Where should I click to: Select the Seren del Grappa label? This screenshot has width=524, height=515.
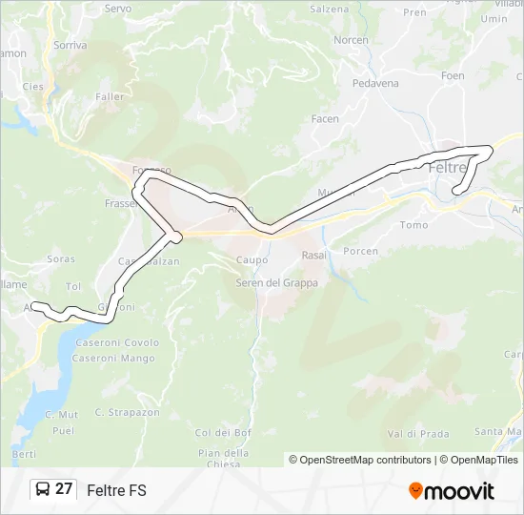[x=277, y=283]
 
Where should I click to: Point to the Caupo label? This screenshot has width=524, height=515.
[x=251, y=259]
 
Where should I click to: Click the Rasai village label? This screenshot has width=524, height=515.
[x=313, y=256]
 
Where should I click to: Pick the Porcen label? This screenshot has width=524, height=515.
[x=361, y=252]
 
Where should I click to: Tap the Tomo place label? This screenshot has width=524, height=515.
[x=413, y=225]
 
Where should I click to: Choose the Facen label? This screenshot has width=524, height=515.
[x=325, y=119]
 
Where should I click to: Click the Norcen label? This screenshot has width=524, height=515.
[x=351, y=40]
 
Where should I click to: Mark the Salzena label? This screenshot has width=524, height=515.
[x=331, y=9]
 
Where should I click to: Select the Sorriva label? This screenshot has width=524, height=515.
[x=71, y=45]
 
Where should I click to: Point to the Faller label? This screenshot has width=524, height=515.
[x=110, y=96]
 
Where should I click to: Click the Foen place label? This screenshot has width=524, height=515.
[x=453, y=75]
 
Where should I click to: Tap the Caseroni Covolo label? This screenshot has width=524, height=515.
[x=116, y=343]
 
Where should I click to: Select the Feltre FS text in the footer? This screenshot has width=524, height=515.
[x=116, y=490]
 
